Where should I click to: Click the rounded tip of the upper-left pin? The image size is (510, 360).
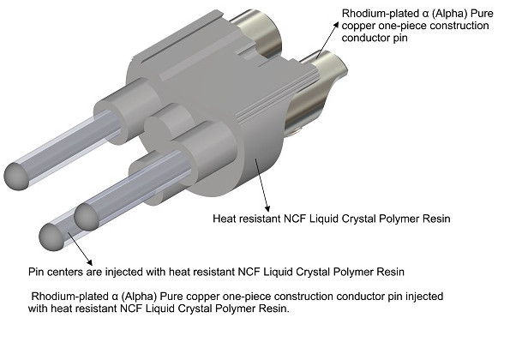click(x=17, y=176)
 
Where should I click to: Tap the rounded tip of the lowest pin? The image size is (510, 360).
click(x=52, y=237)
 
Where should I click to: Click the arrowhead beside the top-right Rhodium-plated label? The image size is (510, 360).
click(x=335, y=26)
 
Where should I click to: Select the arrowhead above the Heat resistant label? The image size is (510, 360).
click(x=267, y=208)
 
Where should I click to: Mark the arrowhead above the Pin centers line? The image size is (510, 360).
click(x=89, y=262)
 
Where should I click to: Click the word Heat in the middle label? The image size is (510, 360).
click(x=225, y=219)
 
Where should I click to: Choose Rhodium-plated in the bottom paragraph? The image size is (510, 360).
click(x=69, y=297)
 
